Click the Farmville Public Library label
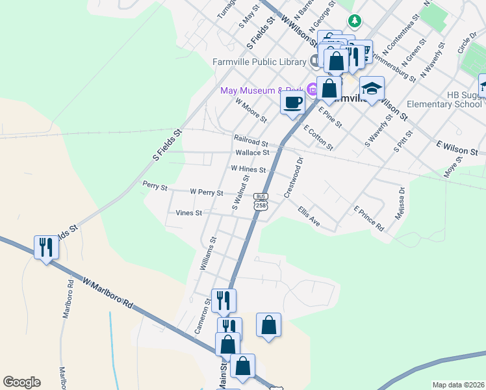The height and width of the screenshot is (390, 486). coord(259,62)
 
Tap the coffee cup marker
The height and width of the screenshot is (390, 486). coord(293,102)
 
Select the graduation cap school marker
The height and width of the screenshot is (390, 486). coord(371,89)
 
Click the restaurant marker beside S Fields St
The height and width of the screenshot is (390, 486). coord(45,248)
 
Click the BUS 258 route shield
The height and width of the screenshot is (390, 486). coord(261,201)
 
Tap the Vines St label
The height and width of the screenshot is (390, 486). coord(189,213)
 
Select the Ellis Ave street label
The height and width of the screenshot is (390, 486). coord(309,217)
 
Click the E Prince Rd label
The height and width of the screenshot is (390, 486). coord(368,219)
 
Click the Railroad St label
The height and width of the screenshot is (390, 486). coord(251,141)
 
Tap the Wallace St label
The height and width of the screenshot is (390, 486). coord(252,153)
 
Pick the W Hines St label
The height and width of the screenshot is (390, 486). coord(248,169)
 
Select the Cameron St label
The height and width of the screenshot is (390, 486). coord(203,317)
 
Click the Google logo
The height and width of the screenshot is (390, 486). coord(21,382)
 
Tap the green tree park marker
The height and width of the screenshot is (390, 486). coord(354,21)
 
